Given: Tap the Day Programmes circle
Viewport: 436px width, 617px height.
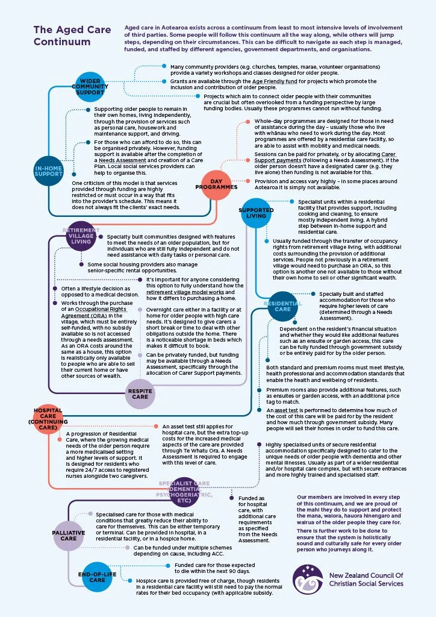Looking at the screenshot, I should (x=217, y=183).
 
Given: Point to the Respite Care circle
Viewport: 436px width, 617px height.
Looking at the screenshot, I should (x=140, y=393).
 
